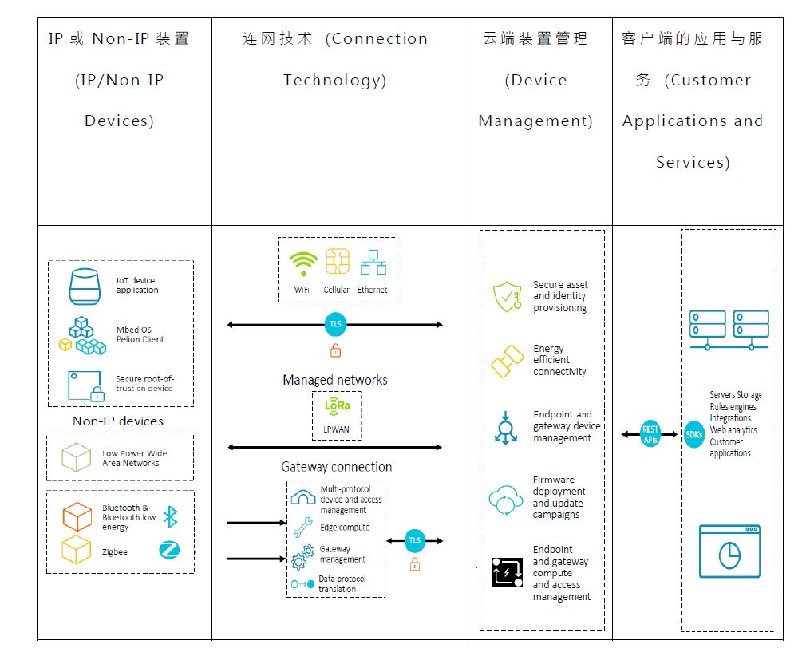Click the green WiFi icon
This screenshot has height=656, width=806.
(302, 263)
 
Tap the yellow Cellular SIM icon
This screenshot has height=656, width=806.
(338, 262)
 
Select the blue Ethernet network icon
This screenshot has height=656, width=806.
(373, 263)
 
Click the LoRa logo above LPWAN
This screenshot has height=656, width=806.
(338, 406)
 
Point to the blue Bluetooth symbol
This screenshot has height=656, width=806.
(170, 516)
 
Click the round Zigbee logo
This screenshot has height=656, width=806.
(169, 550)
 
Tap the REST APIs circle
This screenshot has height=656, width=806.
(650, 434)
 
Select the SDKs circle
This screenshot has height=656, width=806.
(694, 434)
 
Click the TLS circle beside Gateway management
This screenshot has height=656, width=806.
(415, 540)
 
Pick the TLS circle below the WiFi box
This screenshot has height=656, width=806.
(336, 324)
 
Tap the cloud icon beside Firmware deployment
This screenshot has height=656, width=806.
(506, 500)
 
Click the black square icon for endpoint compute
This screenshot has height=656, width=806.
(507, 572)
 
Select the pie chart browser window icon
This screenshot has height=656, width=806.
(729, 551)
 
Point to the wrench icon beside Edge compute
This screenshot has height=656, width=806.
(302, 528)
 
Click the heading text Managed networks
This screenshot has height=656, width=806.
(335, 380)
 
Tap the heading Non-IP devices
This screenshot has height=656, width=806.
(118, 421)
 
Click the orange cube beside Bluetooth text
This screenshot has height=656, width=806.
(77, 516)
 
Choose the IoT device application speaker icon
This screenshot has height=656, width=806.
(85, 287)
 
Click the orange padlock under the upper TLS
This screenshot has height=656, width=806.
(336, 350)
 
